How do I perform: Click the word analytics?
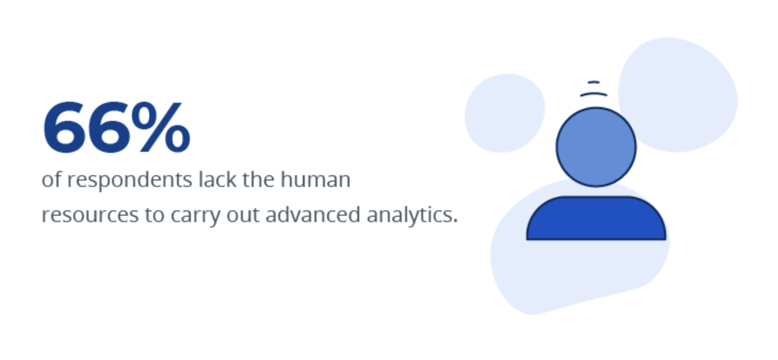click(x=412, y=215)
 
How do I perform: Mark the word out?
click(x=245, y=215)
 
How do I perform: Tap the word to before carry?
click(x=154, y=215)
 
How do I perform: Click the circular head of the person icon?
click(x=596, y=147)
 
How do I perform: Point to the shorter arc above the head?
click(x=593, y=83)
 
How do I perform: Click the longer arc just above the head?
click(x=593, y=94)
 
